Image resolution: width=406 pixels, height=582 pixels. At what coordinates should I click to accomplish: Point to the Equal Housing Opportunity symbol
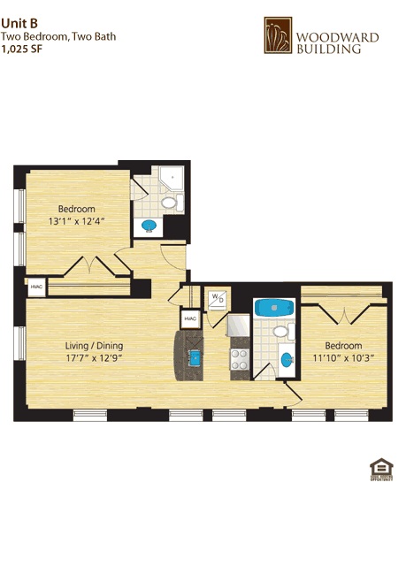(x=380, y=470)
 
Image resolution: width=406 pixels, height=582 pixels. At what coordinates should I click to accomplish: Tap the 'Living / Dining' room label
(x=94, y=345)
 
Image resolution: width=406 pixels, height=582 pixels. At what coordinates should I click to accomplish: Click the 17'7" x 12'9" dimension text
(x=94, y=358)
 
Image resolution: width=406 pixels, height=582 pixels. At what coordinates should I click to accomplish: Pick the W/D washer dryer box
(x=217, y=299)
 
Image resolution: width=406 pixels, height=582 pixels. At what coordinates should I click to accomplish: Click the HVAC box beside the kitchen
(x=190, y=319)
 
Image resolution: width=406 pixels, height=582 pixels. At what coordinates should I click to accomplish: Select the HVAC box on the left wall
(x=36, y=287)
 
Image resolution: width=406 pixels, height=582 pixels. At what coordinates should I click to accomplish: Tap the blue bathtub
(x=273, y=309)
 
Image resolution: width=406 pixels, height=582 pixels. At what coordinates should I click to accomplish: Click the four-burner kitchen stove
(x=239, y=359)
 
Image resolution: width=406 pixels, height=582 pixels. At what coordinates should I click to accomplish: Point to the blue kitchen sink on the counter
(x=195, y=356)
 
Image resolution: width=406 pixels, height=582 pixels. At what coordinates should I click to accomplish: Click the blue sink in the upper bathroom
(x=150, y=226)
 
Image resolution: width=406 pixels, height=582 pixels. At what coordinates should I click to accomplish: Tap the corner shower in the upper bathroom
(x=168, y=179)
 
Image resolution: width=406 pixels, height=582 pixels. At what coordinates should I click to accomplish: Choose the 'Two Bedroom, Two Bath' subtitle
(x=57, y=37)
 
